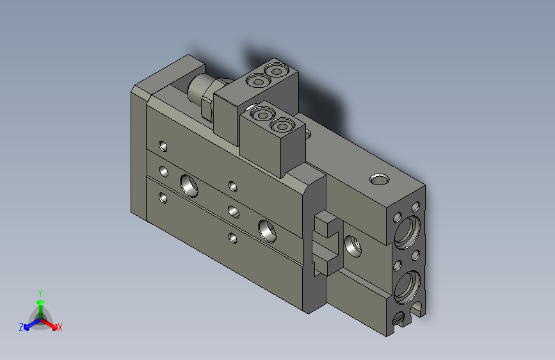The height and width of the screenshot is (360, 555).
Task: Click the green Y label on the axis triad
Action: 40,291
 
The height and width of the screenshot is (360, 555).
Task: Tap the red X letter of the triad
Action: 60,327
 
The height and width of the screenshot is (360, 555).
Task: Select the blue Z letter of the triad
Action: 21,327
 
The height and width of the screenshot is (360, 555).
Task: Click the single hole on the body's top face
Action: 380,177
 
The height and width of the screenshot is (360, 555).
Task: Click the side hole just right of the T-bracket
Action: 351,245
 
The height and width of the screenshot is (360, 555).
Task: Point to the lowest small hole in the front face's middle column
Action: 232,238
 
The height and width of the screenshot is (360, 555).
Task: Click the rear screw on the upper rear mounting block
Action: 277,69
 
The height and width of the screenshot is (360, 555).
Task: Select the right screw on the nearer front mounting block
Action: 282,126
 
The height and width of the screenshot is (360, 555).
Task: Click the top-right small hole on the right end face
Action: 416,206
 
